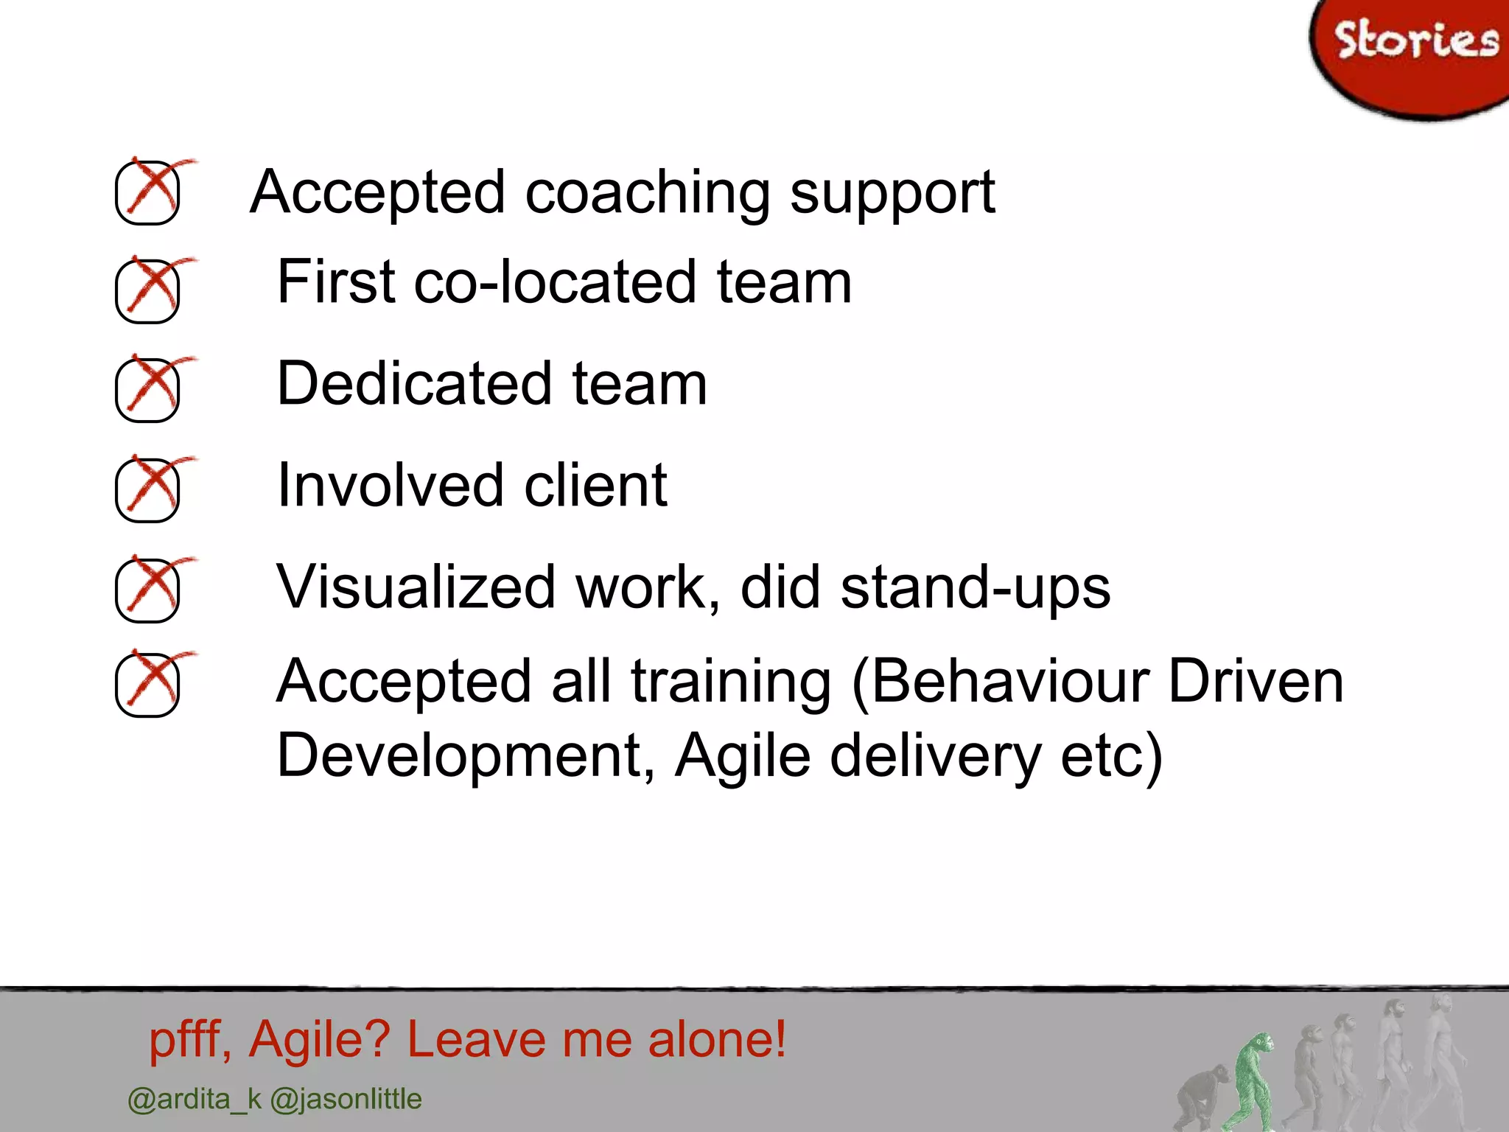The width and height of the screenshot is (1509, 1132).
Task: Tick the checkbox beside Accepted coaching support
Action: pos(147,192)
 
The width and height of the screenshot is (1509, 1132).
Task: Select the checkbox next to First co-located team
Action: pos(147,291)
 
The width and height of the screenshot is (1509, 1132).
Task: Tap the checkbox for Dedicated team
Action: pos(147,390)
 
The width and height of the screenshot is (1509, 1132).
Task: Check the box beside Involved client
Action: pos(147,490)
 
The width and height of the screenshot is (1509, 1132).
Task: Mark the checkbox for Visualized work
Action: pos(147,590)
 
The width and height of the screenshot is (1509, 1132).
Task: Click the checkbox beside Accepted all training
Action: pos(147,685)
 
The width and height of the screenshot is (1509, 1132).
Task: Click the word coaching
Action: pos(648,193)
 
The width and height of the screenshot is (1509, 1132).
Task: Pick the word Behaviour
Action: pos(1009,682)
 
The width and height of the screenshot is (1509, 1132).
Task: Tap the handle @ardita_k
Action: pos(195,1100)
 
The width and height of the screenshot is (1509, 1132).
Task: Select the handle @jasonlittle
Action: pos(346,1100)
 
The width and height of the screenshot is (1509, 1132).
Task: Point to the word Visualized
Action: pos(416,588)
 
